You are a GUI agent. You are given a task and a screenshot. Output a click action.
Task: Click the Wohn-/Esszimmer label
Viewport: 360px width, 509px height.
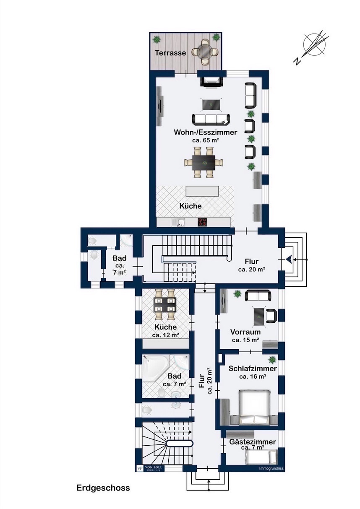(x=205, y=132)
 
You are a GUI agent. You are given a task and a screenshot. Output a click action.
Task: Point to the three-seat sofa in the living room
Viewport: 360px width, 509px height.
(x=211, y=119)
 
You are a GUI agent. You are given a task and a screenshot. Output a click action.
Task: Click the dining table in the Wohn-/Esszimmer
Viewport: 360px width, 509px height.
(x=204, y=162)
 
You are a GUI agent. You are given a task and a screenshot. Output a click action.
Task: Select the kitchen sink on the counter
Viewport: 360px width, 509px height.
(x=181, y=222)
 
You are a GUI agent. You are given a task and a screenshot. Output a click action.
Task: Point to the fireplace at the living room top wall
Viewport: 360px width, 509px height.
(x=211, y=81)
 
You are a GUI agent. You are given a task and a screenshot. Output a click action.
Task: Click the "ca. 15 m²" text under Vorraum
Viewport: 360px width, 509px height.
(x=245, y=340)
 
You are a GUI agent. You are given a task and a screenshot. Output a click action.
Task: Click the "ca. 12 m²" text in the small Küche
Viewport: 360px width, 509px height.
(x=166, y=335)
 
